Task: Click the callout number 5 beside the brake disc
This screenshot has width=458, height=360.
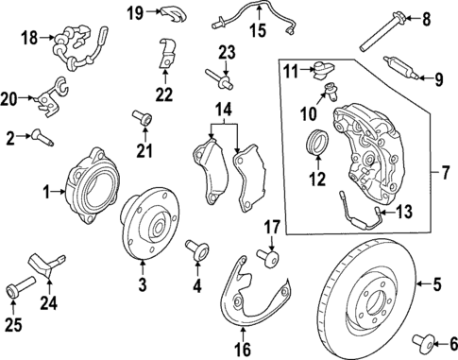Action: (436, 281)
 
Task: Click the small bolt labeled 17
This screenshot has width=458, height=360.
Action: (271, 256)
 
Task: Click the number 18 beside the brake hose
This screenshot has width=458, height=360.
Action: (29, 39)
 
